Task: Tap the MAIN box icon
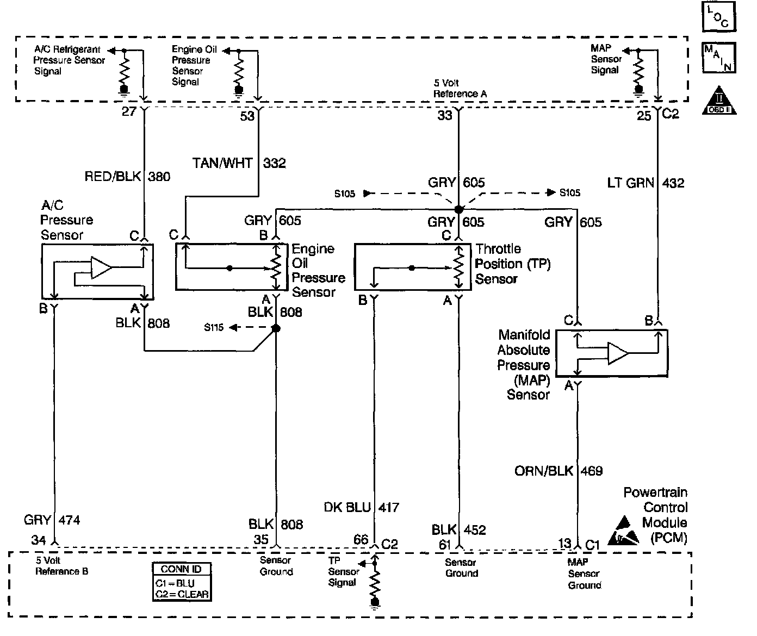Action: pos(719,58)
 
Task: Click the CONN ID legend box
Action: pos(182,581)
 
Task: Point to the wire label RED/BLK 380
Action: pos(128,176)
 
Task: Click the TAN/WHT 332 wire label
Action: pos(239,163)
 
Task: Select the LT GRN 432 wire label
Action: pos(646,183)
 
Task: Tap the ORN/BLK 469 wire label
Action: pos(559,471)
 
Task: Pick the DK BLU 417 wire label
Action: pos(362,508)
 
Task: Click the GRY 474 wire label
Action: pos(52,520)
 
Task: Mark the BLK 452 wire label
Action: pos(458,530)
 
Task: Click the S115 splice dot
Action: pos(276,328)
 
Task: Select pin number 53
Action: pos(247,116)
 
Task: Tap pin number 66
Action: pos(361,540)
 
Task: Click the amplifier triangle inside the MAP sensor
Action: pos(618,353)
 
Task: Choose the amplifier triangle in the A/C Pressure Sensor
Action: pos(101,267)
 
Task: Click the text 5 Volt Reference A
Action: pos(460,89)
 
